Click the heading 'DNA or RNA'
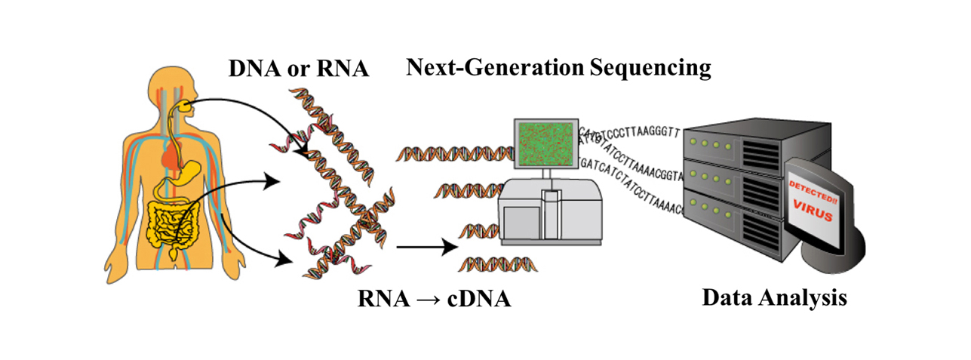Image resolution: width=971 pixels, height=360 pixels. click(299, 69)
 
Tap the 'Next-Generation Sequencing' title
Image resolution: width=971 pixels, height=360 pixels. click(558, 69)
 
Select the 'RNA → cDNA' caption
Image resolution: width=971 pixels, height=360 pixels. click(434, 298)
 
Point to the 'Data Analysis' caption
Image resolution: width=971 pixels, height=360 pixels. click(774, 297)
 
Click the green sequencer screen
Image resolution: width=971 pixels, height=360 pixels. click(545, 143)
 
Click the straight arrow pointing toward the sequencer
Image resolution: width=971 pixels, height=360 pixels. click(427, 247)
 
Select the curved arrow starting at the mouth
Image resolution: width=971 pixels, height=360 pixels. click(249, 113)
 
